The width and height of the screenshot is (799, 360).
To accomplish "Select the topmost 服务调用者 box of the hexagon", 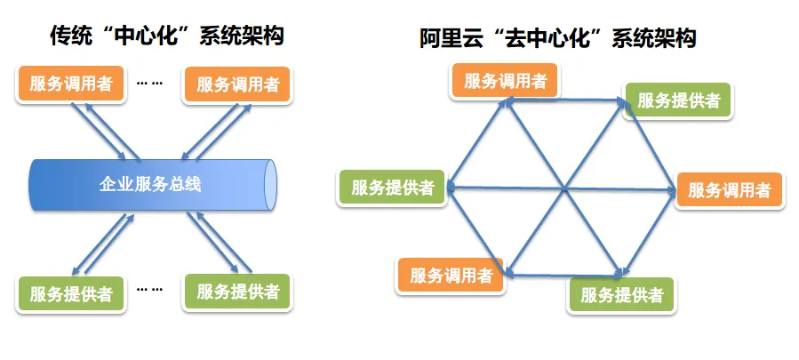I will click(x=505, y=81).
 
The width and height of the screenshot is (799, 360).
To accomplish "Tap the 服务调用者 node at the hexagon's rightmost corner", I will click(x=730, y=189).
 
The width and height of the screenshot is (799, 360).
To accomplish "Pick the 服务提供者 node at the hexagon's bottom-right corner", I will click(x=621, y=294).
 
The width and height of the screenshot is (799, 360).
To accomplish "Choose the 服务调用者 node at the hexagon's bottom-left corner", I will click(x=451, y=275).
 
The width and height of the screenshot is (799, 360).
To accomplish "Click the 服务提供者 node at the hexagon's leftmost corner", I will click(x=392, y=187).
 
